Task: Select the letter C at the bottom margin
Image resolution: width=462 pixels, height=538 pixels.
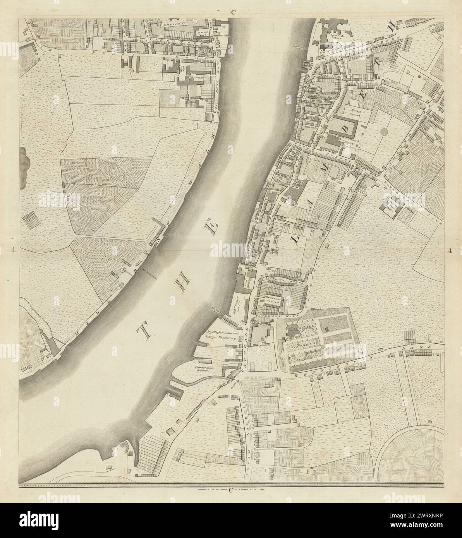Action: (232, 491)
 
